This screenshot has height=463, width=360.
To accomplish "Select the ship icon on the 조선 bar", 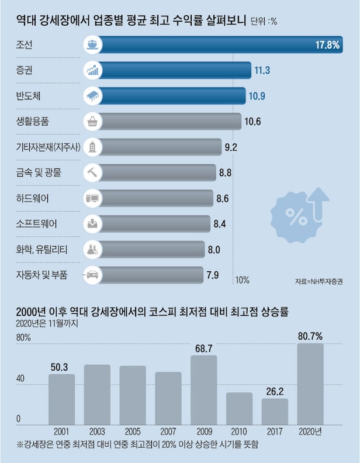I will [x=92, y=45].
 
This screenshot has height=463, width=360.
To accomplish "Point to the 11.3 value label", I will [x=261, y=71].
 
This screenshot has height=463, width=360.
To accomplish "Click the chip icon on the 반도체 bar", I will [x=92, y=96].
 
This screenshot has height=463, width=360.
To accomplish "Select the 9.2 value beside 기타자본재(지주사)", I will [x=230, y=147].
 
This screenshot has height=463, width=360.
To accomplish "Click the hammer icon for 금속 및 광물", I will [x=92, y=172].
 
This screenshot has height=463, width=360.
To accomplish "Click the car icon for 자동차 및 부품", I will [x=92, y=274].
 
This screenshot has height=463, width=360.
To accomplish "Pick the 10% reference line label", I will [x=242, y=280].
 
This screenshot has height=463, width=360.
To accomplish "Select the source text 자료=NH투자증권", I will [x=320, y=282].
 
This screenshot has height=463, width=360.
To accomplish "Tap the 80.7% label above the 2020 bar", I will [x=310, y=336].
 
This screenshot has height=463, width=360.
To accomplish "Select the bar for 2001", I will [x=61, y=399].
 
